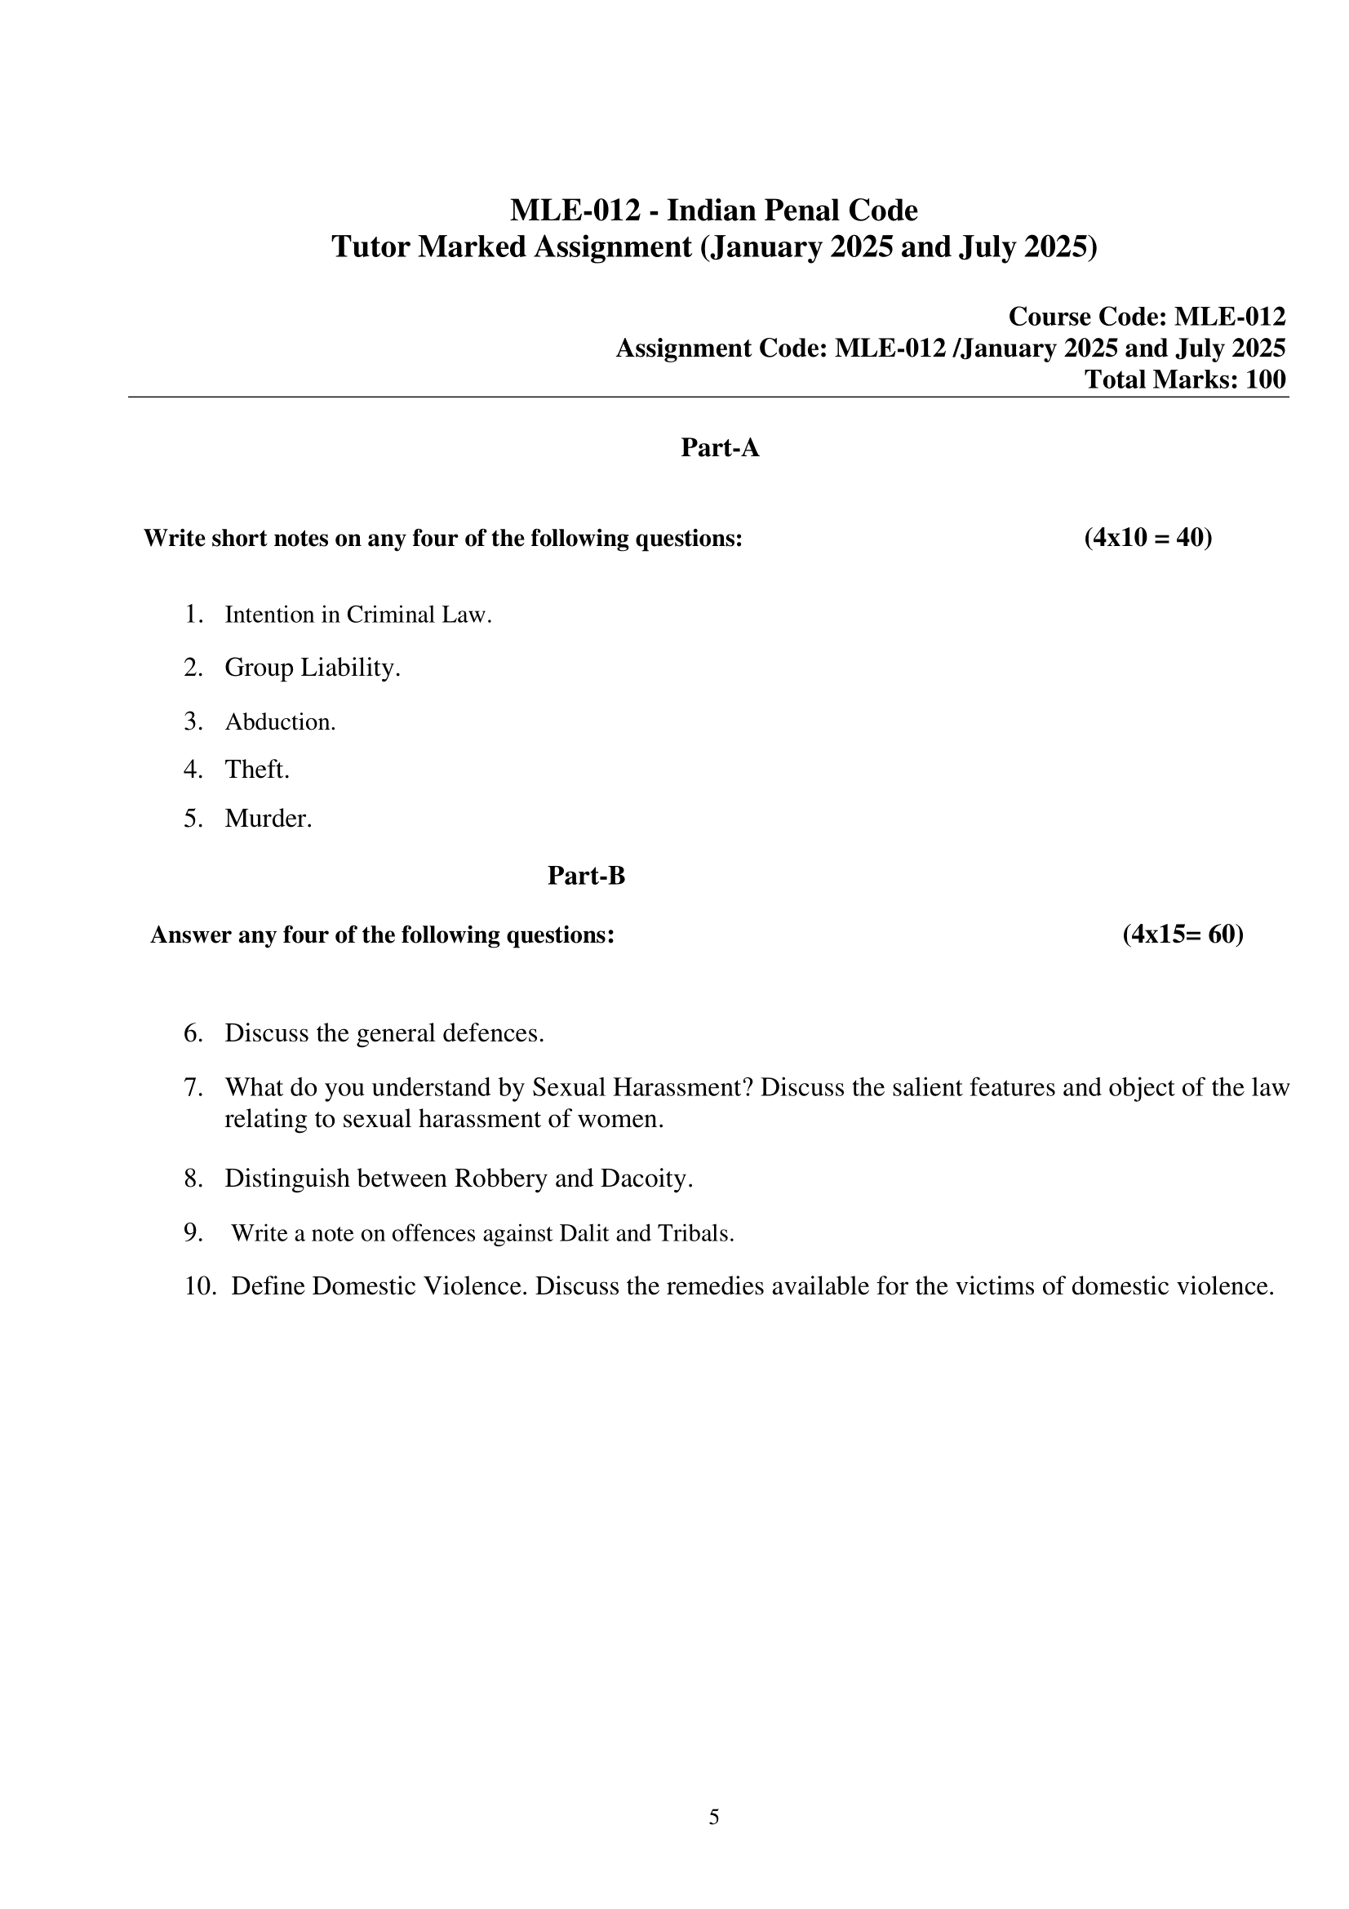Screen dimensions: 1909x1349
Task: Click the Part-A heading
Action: pos(720,448)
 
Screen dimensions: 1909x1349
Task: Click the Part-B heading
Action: pos(586,876)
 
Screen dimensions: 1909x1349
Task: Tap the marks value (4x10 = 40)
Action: pos(1148,538)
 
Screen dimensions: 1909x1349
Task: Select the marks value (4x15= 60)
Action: pos(1183,935)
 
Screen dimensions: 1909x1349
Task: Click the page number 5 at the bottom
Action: pos(714,1818)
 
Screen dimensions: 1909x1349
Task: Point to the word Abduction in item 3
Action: pos(279,721)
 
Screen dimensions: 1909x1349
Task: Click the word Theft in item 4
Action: pos(256,769)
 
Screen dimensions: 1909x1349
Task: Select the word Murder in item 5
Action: pos(268,818)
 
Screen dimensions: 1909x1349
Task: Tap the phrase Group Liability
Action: pos(312,667)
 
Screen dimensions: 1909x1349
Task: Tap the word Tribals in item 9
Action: pos(694,1233)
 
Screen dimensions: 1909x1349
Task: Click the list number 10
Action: pos(199,1286)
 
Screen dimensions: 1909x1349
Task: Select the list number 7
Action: pos(193,1087)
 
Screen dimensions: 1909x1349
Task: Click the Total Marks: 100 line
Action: pos(1184,380)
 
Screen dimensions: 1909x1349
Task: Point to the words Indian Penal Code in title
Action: pos(792,211)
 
